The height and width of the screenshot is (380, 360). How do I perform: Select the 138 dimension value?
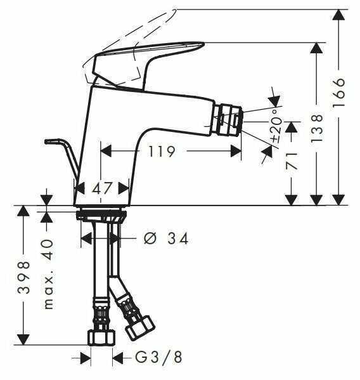[x=316, y=127]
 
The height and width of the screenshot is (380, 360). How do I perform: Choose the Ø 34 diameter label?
[x=167, y=239]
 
